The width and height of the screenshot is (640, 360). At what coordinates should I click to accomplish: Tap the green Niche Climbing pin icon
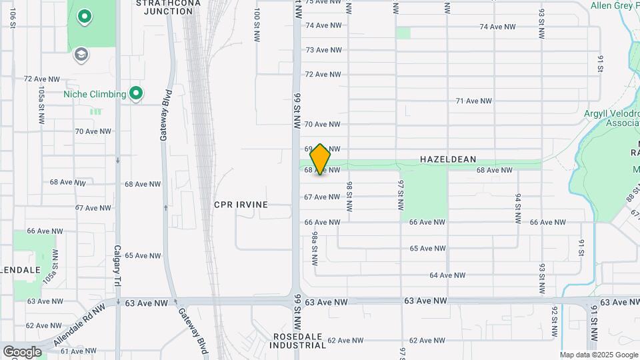(136, 93)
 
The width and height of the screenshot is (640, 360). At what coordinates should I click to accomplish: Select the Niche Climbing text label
(95, 94)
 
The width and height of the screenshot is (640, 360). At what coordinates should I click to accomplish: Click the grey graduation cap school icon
(81, 54)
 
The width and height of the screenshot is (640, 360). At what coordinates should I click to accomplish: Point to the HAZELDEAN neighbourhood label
(448, 159)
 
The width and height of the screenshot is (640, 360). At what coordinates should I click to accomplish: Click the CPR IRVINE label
(241, 205)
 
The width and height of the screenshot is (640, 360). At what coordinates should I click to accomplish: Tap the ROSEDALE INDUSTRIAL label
(299, 341)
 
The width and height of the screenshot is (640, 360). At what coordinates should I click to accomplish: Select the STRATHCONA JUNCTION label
(163, 7)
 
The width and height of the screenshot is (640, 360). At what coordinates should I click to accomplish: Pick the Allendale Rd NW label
(79, 327)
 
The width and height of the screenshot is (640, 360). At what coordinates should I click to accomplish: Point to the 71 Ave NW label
(473, 101)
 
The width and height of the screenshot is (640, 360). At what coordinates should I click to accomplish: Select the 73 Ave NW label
(323, 50)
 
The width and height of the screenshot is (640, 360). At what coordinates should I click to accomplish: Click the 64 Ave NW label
(447, 275)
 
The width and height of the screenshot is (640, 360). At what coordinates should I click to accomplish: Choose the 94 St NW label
(517, 208)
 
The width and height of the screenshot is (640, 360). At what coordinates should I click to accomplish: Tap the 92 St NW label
(554, 321)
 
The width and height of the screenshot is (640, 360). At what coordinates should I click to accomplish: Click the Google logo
(22, 351)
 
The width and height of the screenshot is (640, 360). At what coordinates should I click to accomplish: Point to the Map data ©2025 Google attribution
(599, 355)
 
